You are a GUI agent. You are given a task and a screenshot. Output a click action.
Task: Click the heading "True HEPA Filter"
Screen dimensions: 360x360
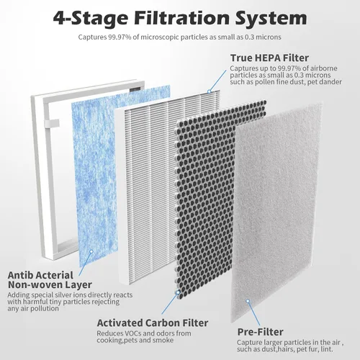pyautogui.click(x=269, y=58)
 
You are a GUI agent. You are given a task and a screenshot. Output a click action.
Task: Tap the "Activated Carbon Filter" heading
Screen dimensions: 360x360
pyautogui.click(x=153, y=323)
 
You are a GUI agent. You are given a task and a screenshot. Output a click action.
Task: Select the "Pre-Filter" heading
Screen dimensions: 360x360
pyautogui.click(x=260, y=332)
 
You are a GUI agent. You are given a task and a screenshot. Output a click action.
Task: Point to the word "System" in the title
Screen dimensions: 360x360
pyautogui.click(x=271, y=19)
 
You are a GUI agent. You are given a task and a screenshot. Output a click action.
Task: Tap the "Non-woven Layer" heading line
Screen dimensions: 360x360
pyautogui.click(x=50, y=285)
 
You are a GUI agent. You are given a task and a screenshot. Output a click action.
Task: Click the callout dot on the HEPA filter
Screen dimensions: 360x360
pyautogui.click(x=209, y=91)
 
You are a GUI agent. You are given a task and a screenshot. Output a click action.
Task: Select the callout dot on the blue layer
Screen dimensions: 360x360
pyautogui.click(x=91, y=251)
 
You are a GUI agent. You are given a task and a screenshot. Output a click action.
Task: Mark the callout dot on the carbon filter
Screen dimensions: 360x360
pyautogui.click(x=178, y=292)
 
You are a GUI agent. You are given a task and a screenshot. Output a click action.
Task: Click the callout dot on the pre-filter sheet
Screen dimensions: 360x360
pyautogui.click(x=248, y=301)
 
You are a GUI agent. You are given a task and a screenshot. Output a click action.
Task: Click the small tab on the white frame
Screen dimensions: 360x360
pyautogui.click(x=52, y=123)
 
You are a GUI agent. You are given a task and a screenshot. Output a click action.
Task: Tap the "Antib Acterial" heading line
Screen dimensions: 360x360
pyautogui.click(x=40, y=275)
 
